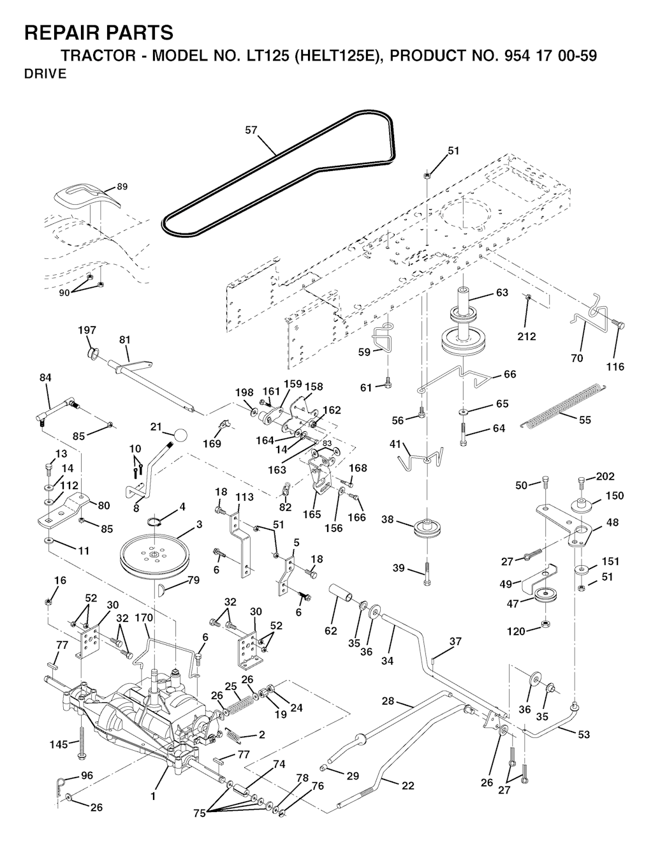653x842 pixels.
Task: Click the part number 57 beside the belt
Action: [251, 130]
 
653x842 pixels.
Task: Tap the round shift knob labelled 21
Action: [181, 435]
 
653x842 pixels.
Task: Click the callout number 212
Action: [527, 336]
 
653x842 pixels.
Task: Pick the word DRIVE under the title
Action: [45, 74]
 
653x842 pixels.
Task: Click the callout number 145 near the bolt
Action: [60, 744]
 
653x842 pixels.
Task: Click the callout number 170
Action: [144, 617]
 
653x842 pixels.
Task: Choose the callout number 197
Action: [87, 330]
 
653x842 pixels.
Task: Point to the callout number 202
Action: [605, 476]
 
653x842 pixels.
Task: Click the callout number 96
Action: [87, 776]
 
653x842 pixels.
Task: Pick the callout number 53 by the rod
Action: [584, 734]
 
